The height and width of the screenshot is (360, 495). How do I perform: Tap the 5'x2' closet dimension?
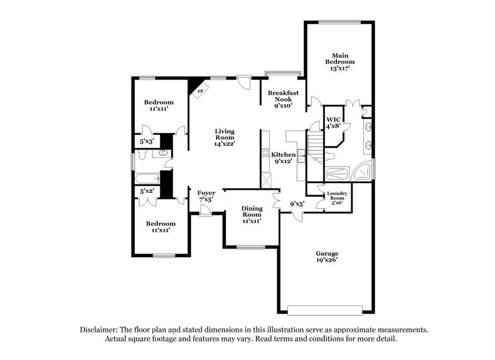147,191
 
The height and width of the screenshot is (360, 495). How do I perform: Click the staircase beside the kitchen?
314,147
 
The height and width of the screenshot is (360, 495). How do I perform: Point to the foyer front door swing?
206,211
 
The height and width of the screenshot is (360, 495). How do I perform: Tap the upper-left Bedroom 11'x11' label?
158,105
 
